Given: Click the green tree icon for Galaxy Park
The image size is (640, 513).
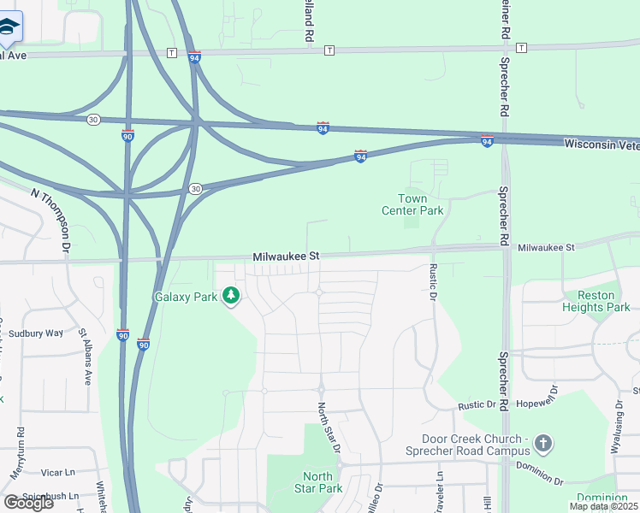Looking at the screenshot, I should pos(230,297).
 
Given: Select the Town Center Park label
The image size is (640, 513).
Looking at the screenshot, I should pos(412,204).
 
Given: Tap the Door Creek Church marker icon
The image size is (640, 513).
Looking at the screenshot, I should pos(542,443).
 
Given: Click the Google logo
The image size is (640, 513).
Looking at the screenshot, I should pos(28,503).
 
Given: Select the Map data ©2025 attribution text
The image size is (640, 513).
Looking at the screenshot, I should pos(604,506).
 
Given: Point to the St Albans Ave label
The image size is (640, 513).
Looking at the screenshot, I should pos(85,357).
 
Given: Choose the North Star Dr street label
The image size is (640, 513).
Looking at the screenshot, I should pos(329,428).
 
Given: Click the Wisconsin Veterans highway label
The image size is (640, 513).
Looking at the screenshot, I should pos(601,145).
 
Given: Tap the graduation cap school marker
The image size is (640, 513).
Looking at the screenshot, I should pos(9,28).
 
